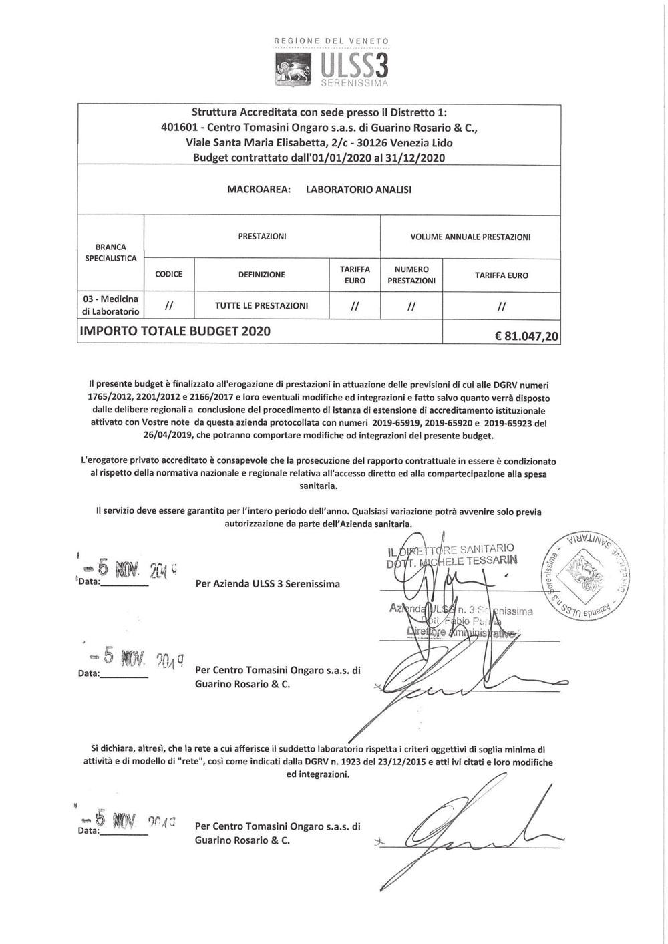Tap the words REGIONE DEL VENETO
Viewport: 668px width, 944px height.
[332, 41]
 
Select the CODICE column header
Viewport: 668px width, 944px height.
[168, 274]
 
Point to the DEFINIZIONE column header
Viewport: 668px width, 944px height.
[261, 274]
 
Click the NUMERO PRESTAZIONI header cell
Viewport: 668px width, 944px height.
[411, 275]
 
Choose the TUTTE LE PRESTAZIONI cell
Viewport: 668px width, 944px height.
[261, 305]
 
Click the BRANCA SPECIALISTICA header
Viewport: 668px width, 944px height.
[111, 252]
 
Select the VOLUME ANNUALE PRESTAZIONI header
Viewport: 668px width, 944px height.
[470, 237]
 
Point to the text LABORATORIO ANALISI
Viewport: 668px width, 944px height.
[359, 189]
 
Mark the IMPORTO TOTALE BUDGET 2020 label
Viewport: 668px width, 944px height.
[175, 331]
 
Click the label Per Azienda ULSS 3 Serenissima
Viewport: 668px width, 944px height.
[267, 583]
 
